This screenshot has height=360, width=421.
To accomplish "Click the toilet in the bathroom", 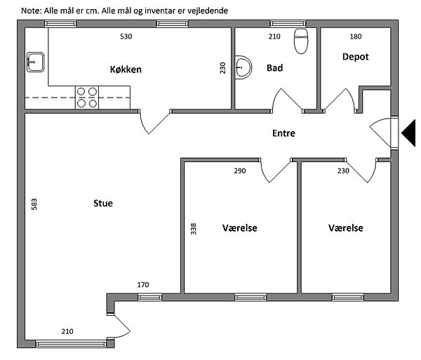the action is (301, 41).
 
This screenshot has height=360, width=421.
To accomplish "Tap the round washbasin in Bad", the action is (243, 67).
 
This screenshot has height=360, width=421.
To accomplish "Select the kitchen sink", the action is (35, 62).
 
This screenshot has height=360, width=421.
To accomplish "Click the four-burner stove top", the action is (87, 98).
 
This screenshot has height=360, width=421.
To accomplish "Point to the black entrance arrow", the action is (408, 133).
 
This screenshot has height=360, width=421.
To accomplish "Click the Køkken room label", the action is (126, 69).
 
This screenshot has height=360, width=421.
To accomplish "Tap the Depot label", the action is (356, 57).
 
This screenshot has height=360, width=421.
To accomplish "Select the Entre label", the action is (283, 133).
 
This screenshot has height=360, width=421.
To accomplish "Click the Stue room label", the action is (103, 204).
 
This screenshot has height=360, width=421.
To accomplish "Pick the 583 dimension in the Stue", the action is (34, 204).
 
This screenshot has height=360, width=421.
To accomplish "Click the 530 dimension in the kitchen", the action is (126, 36).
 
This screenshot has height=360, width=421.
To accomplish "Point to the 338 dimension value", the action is (194, 229).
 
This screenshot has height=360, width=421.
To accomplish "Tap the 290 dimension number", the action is (240, 171).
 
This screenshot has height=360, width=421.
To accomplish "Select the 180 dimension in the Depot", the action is (356, 36).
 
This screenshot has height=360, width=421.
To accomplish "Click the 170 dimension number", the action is (143, 285).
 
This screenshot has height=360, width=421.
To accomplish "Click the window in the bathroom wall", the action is (288, 24).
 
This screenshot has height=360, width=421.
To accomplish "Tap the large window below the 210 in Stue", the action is (71, 344).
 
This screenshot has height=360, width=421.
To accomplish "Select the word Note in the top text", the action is (30, 11).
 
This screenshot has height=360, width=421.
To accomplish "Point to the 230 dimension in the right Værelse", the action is (343, 171).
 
